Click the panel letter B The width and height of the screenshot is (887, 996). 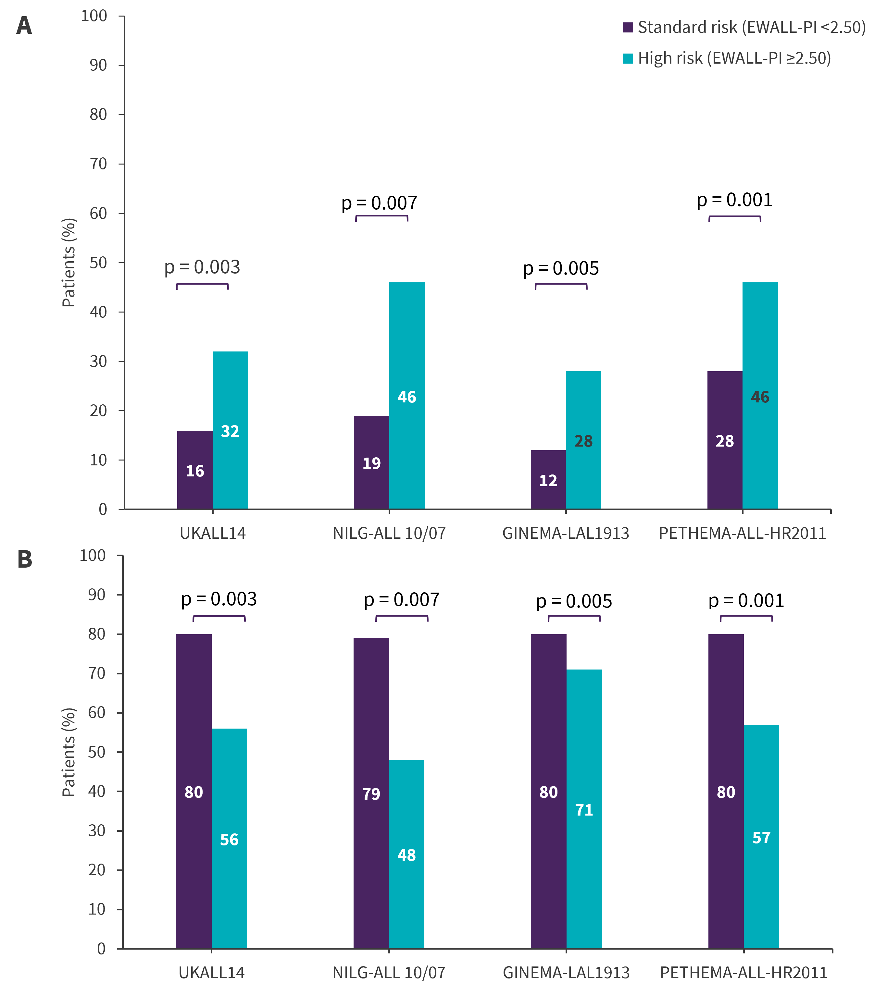(x=25, y=559)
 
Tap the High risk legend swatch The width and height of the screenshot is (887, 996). (x=628, y=58)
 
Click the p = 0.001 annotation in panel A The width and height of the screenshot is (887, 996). (x=734, y=200)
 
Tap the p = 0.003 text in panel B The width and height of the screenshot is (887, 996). (x=219, y=599)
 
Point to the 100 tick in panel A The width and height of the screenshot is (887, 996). (x=94, y=16)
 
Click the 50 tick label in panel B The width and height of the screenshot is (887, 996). (x=96, y=752)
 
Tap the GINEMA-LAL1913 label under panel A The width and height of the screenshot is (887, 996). (x=566, y=534)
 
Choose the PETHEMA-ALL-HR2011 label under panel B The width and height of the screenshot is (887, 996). (x=744, y=973)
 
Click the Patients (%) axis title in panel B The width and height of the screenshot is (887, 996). (x=69, y=752)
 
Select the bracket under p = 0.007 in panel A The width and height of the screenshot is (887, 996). (x=381, y=217)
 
